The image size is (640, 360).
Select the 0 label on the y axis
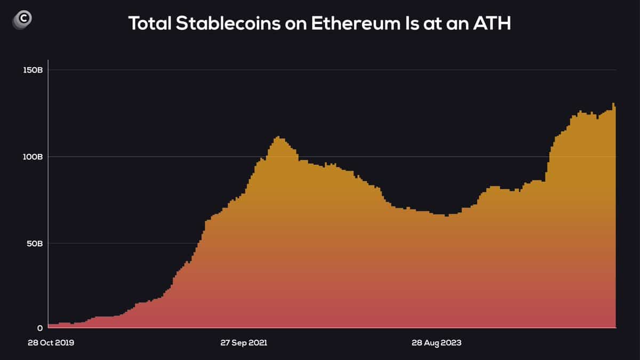click(x=39, y=328)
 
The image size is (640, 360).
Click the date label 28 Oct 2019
click(x=51, y=343)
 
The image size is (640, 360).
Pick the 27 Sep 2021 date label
click(x=244, y=343)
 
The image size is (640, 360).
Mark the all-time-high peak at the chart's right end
click(x=613, y=104)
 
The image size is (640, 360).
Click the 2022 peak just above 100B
click(x=277, y=138)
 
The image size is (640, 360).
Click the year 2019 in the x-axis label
click(x=65, y=343)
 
